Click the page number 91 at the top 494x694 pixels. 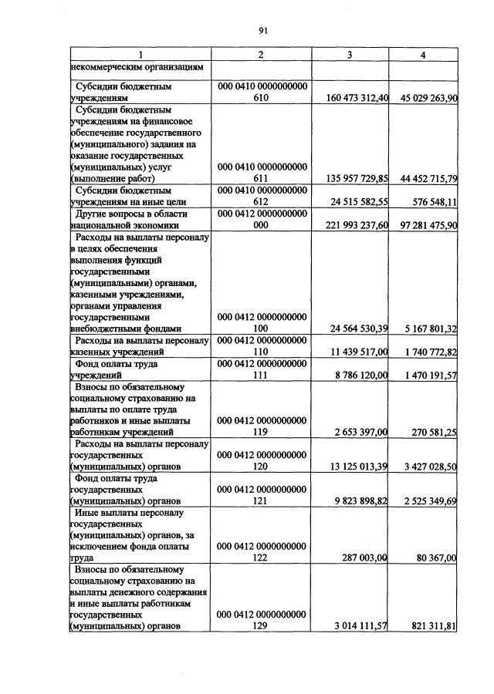tap(262, 31)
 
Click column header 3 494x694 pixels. tap(350, 55)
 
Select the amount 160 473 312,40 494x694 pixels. tap(352, 98)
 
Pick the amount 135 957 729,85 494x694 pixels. tap(352, 178)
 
